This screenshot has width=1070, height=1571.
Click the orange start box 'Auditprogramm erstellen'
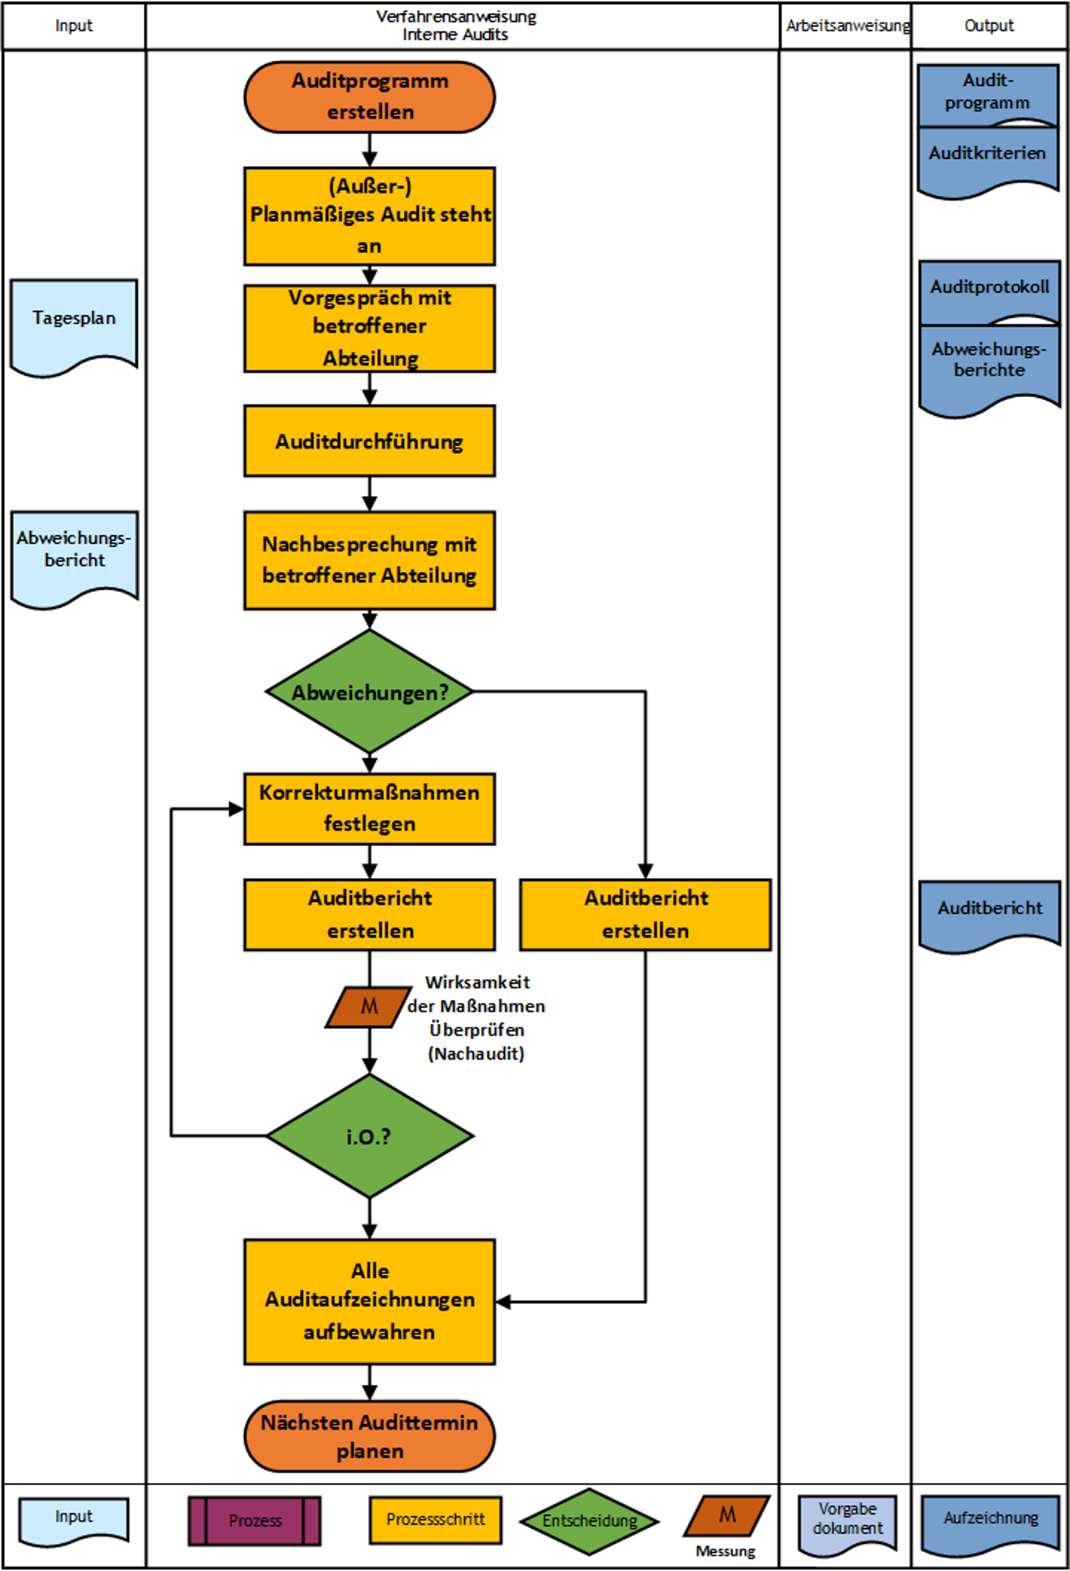369,96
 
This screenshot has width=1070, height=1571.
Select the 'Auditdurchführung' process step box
369,441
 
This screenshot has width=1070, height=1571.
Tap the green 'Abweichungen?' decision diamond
369,692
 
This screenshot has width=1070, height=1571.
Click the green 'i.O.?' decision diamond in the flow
369,1136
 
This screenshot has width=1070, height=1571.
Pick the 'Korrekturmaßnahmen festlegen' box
369,809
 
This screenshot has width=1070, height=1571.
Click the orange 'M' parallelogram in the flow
368,1007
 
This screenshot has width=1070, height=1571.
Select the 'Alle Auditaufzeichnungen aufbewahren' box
369,1301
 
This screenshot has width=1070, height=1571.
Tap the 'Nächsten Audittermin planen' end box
369,1436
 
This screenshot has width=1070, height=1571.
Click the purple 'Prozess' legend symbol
254,1520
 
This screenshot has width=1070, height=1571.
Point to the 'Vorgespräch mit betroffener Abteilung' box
369,328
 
